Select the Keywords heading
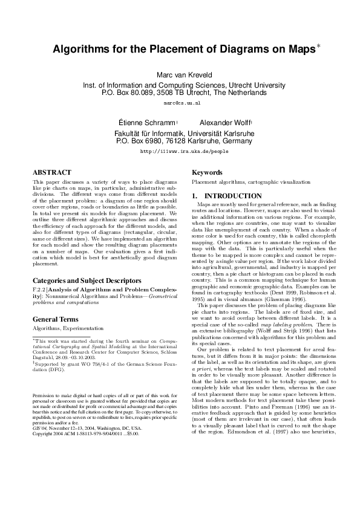[x=208, y=172]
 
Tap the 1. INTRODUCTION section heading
[x=227, y=196]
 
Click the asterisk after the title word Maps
[x=319, y=46]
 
